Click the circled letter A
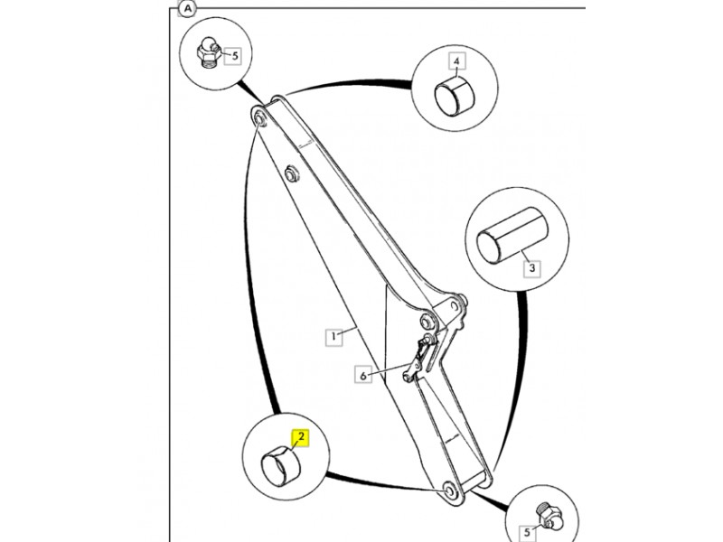click(x=187, y=8)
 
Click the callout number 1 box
click(x=333, y=337)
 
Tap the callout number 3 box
click(x=532, y=267)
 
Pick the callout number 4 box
click(x=457, y=62)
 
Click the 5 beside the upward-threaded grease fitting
click(x=527, y=533)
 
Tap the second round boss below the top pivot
click(x=290, y=173)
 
